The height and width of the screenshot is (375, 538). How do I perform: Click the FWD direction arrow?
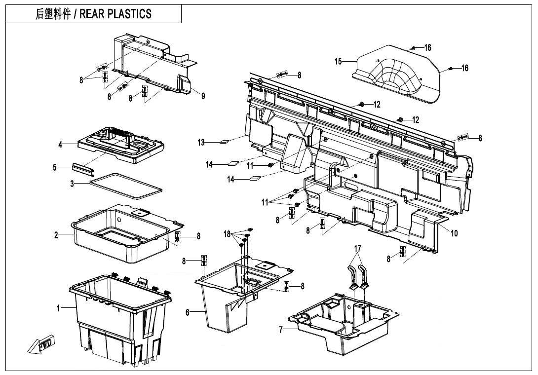pyautogui.click(x=43, y=344)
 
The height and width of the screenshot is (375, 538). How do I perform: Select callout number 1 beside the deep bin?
pyautogui.click(x=58, y=308)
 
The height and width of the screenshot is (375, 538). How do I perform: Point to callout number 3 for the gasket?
pyautogui.click(x=72, y=184)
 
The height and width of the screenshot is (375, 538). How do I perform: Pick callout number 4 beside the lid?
pyautogui.click(x=60, y=145)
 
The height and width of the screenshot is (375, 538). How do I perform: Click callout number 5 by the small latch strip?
pyautogui.click(x=55, y=167)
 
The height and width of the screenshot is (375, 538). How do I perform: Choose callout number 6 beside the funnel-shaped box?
pyautogui.click(x=188, y=312)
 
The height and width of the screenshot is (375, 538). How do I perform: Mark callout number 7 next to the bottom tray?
pyautogui.click(x=281, y=330)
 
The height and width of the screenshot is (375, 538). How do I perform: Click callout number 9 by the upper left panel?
pyautogui.click(x=203, y=96)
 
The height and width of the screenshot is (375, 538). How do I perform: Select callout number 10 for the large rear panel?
pyautogui.click(x=454, y=233)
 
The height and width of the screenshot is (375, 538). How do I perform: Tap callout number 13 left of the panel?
pyautogui.click(x=201, y=143)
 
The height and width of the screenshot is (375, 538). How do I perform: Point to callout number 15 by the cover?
pyautogui.click(x=338, y=62)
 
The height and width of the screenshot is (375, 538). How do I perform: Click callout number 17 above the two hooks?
pyautogui.click(x=358, y=248)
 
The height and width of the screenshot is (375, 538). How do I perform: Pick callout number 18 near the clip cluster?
pyautogui.click(x=227, y=234)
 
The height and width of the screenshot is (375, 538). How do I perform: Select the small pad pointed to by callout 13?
pyautogui.click(x=224, y=142)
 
